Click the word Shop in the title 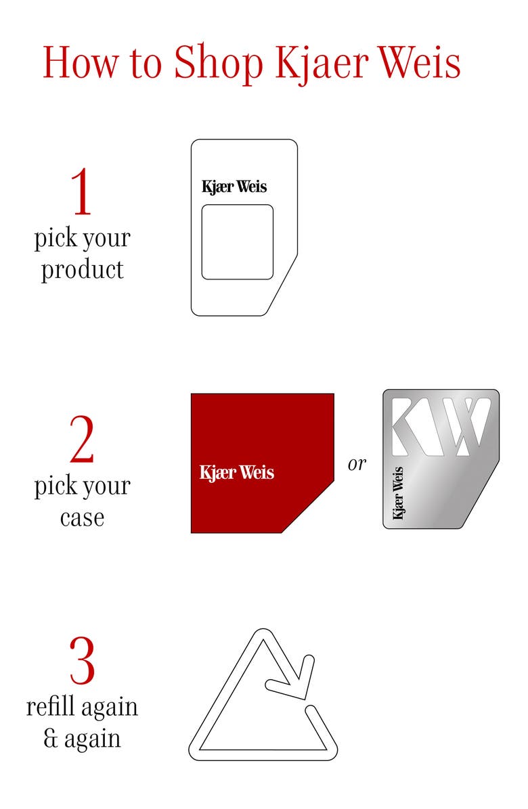[x=219, y=64]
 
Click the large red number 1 [x=81, y=191]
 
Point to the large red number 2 [x=82, y=439]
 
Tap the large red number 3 [x=83, y=660]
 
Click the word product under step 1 [x=83, y=269]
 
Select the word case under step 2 [x=82, y=517]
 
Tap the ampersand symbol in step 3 [x=51, y=739]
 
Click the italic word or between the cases [x=357, y=464]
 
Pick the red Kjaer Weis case [x=262, y=463]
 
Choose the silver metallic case [x=441, y=459]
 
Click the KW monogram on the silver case [x=440, y=426]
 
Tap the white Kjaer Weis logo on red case [x=236, y=473]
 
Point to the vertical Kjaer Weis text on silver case [x=397, y=493]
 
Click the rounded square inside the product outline [x=237, y=242]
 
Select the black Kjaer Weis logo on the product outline [x=234, y=187]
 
